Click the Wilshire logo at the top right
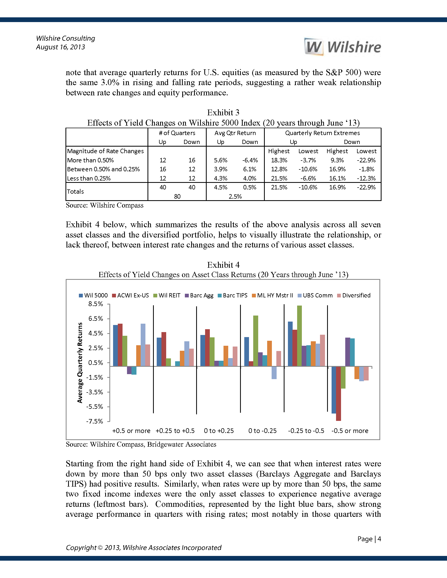pos(343,47)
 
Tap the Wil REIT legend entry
pos(167,295)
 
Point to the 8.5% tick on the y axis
pos(96,304)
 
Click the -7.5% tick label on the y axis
pos(95,421)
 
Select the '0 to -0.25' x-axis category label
pos(262,431)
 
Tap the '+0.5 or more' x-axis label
pos(131,431)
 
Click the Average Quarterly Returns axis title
pos(80,363)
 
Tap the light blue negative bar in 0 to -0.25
pos(274,373)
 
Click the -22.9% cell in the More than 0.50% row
pos(366,160)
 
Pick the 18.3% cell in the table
pos(279,160)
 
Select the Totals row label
pos(75,191)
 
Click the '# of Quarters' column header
pos(177,133)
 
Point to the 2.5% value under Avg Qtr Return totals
pos(235,196)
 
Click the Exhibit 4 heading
pos(223,265)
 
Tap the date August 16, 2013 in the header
pos(61,47)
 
